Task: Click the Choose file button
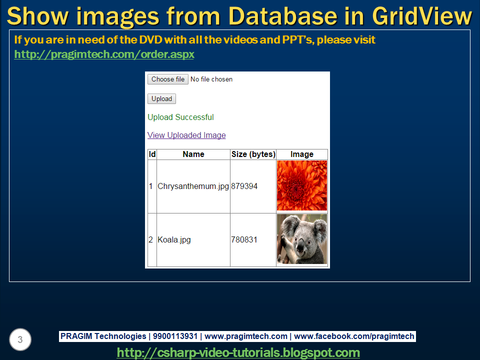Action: [x=168, y=79]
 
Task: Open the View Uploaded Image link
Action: [x=186, y=135]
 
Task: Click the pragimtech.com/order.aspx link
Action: [x=104, y=54]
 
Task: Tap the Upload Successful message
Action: [x=180, y=117]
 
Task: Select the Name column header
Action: [x=193, y=154]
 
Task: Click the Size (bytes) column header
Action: [x=253, y=154]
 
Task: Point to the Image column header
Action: [x=302, y=154]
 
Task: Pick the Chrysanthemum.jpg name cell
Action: [x=193, y=186]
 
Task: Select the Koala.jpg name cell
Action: [x=174, y=239]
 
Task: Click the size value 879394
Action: [x=244, y=186]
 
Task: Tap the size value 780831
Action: [x=244, y=239]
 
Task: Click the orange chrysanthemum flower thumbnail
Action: [x=302, y=185]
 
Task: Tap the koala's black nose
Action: [x=300, y=244]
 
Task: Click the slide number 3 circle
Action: [x=20, y=339]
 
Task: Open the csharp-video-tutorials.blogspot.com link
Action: [x=238, y=352]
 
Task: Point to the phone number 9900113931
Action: [x=175, y=336]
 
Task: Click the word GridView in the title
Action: [x=422, y=16]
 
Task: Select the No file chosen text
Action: [x=211, y=79]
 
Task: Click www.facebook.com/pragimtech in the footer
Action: [x=354, y=336]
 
